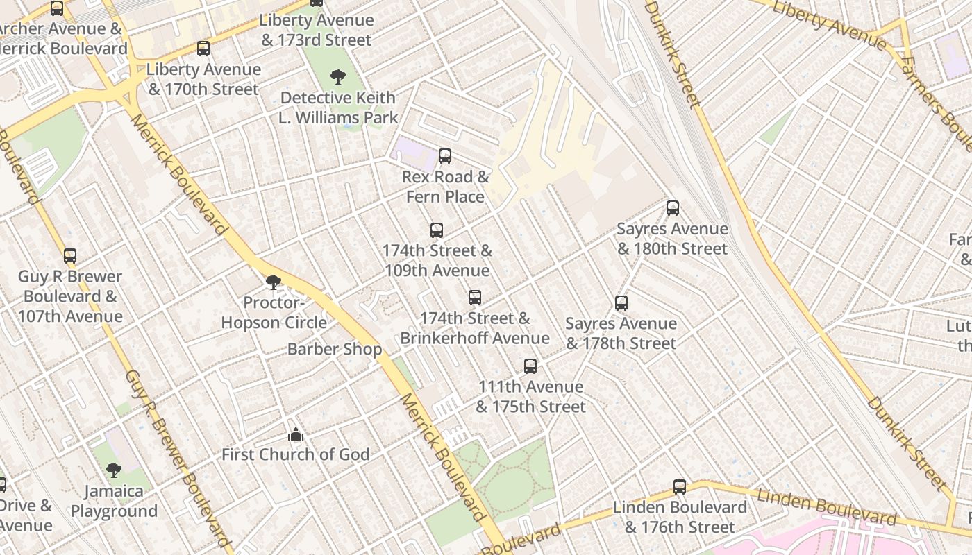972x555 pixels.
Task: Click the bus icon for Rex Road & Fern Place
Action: [x=445, y=156]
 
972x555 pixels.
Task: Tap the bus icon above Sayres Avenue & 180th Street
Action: [x=672, y=208]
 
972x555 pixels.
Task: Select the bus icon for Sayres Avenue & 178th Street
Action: [x=621, y=303]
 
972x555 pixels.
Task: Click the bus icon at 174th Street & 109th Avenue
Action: [x=437, y=230]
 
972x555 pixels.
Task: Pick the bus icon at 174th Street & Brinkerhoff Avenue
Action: [x=475, y=298]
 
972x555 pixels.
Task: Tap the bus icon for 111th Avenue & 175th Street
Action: [x=530, y=366]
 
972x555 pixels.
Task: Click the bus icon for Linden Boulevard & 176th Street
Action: [x=680, y=487]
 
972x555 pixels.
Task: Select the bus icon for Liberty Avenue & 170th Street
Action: [x=203, y=49]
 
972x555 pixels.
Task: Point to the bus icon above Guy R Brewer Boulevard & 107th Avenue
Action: [x=70, y=256]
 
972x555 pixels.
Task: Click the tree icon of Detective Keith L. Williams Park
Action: [x=338, y=77]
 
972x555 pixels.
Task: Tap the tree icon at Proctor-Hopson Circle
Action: [x=274, y=282]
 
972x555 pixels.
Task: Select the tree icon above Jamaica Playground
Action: [x=114, y=470]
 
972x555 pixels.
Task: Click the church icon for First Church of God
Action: [x=296, y=435]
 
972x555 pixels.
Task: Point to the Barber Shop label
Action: [x=335, y=349]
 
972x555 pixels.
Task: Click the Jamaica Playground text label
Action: [x=114, y=502]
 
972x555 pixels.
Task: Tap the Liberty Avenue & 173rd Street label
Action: [x=317, y=31]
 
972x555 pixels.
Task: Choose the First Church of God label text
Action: [x=296, y=455]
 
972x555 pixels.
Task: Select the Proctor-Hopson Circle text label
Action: [x=274, y=313]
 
